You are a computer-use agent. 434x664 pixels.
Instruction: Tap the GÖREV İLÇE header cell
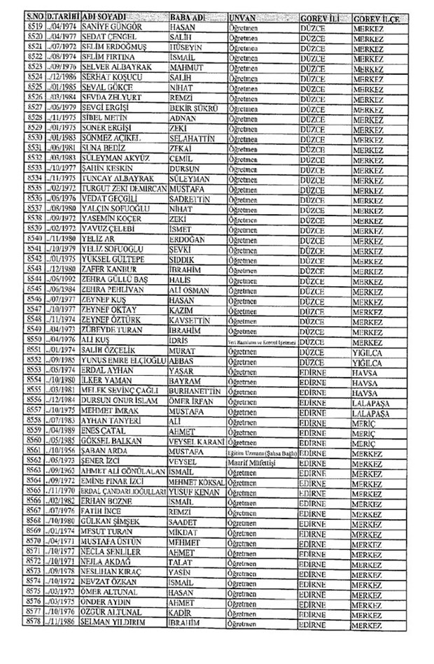377,16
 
